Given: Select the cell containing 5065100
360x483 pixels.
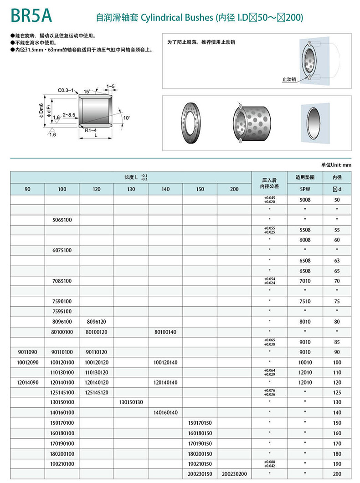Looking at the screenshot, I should click(62, 220).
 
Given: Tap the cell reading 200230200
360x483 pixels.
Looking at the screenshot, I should click(234, 474).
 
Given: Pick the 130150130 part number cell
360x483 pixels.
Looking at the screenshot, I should click(131, 402).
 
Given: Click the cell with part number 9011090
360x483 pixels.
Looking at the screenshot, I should click(27, 352).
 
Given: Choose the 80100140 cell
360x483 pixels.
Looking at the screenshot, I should click(165, 332).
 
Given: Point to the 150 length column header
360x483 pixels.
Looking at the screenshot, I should click(200, 189).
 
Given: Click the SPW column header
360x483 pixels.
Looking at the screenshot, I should click(305, 189).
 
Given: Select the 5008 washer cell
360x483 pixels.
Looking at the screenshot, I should click(305, 199).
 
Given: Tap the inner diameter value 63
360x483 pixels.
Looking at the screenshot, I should click(337, 260).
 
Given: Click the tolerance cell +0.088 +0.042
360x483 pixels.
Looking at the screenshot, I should click(269, 464).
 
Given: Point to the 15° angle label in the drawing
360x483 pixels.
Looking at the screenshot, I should click(87, 91).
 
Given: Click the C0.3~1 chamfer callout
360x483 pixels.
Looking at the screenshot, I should click(66, 91).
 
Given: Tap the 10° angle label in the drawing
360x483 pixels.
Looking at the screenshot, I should click(126, 118).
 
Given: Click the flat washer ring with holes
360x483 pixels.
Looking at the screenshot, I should click(193, 123).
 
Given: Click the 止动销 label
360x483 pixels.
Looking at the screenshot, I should click(289, 79).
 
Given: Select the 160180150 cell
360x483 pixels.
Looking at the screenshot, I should click(200, 433).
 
